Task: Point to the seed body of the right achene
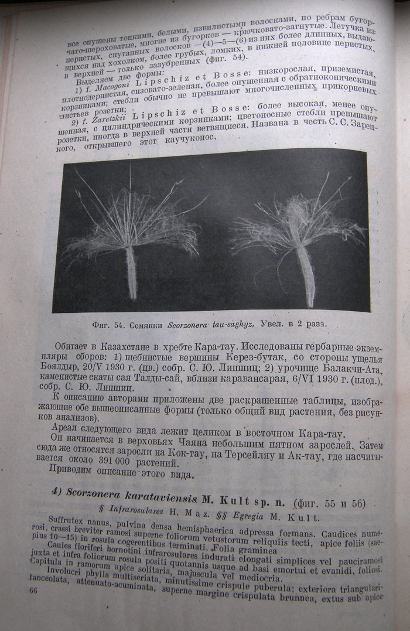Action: click(x=306, y=277)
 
